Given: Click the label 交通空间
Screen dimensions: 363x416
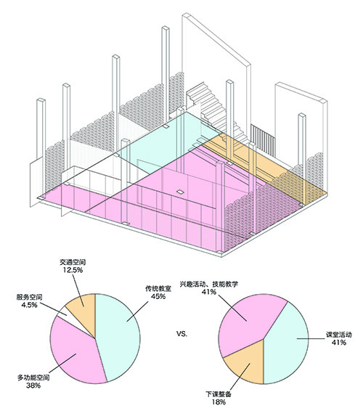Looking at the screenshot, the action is (73, 262).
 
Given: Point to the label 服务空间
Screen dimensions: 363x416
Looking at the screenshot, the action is (29, 298).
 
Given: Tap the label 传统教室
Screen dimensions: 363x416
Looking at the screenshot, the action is (158, 289).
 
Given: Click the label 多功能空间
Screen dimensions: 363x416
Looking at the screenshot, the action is (33, 378).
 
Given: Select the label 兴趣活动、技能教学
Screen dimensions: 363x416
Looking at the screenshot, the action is (209, 284).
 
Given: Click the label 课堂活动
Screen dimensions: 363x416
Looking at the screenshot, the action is (339, 335).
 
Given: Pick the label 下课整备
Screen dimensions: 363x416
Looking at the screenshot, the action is (219, 394).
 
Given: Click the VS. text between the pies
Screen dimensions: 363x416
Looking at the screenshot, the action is (181, 334).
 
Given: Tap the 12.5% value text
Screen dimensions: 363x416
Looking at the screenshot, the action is (73, 270).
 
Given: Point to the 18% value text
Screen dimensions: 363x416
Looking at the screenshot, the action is (219, 402).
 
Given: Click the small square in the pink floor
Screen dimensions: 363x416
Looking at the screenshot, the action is (180, 192).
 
